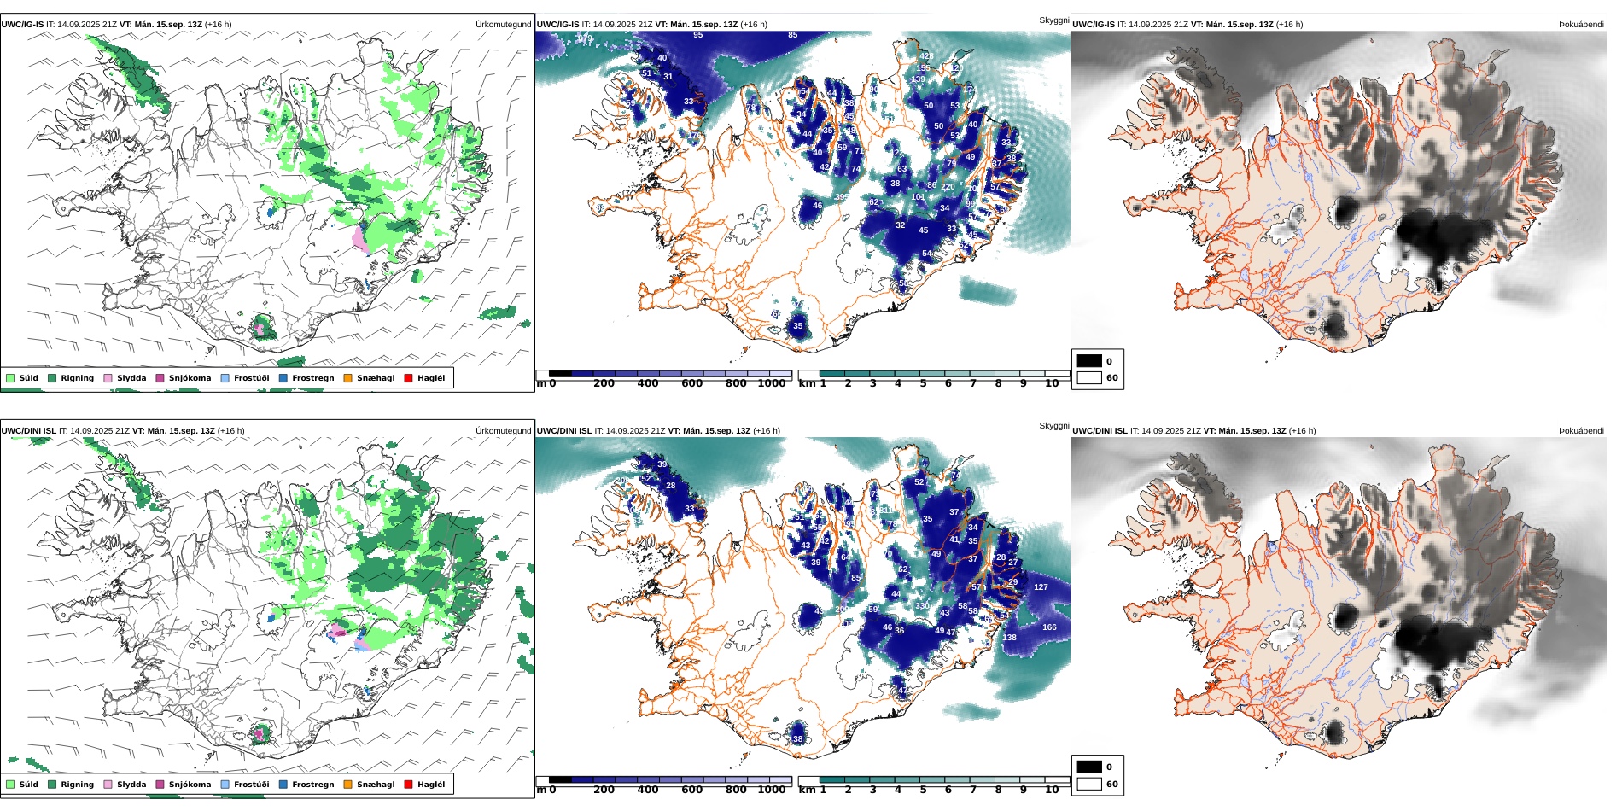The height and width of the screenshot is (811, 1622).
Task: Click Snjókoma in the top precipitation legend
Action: tap(190, 378)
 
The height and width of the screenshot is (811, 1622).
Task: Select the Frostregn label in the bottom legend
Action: tap(312, 785)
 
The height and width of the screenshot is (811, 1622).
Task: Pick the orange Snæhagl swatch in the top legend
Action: tap(347, 378)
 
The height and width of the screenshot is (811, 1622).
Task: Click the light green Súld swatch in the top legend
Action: tap(10, 378)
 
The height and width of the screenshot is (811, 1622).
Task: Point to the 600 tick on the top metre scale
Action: tap(691, 383)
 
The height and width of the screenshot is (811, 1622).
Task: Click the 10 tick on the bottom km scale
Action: tap(1052, 790)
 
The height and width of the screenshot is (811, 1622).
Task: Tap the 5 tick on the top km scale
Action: tap(923, 383)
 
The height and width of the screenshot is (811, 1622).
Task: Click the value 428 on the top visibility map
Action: tap(926, 56)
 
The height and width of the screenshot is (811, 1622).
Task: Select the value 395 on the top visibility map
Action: tap(842, 197)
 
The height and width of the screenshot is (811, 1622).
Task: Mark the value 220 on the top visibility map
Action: tap(948, 187)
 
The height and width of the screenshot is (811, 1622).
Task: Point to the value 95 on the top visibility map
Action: tap(698, 35)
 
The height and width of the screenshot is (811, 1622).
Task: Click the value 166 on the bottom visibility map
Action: tap(1049, 627)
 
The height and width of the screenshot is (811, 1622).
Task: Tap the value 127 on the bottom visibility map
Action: tap(1041, 587)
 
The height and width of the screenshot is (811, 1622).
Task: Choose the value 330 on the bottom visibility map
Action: tap(922, 606)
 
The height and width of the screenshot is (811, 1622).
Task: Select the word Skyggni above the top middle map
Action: tap(1053, 20)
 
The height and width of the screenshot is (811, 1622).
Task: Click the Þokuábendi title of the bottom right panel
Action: tap(1581, 431)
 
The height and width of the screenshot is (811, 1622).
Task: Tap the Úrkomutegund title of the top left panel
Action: tap(503, 25)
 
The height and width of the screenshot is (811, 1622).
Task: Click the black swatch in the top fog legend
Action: tap(1089, 361)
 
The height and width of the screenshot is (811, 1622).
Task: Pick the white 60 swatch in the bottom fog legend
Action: tap(1089, 784)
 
